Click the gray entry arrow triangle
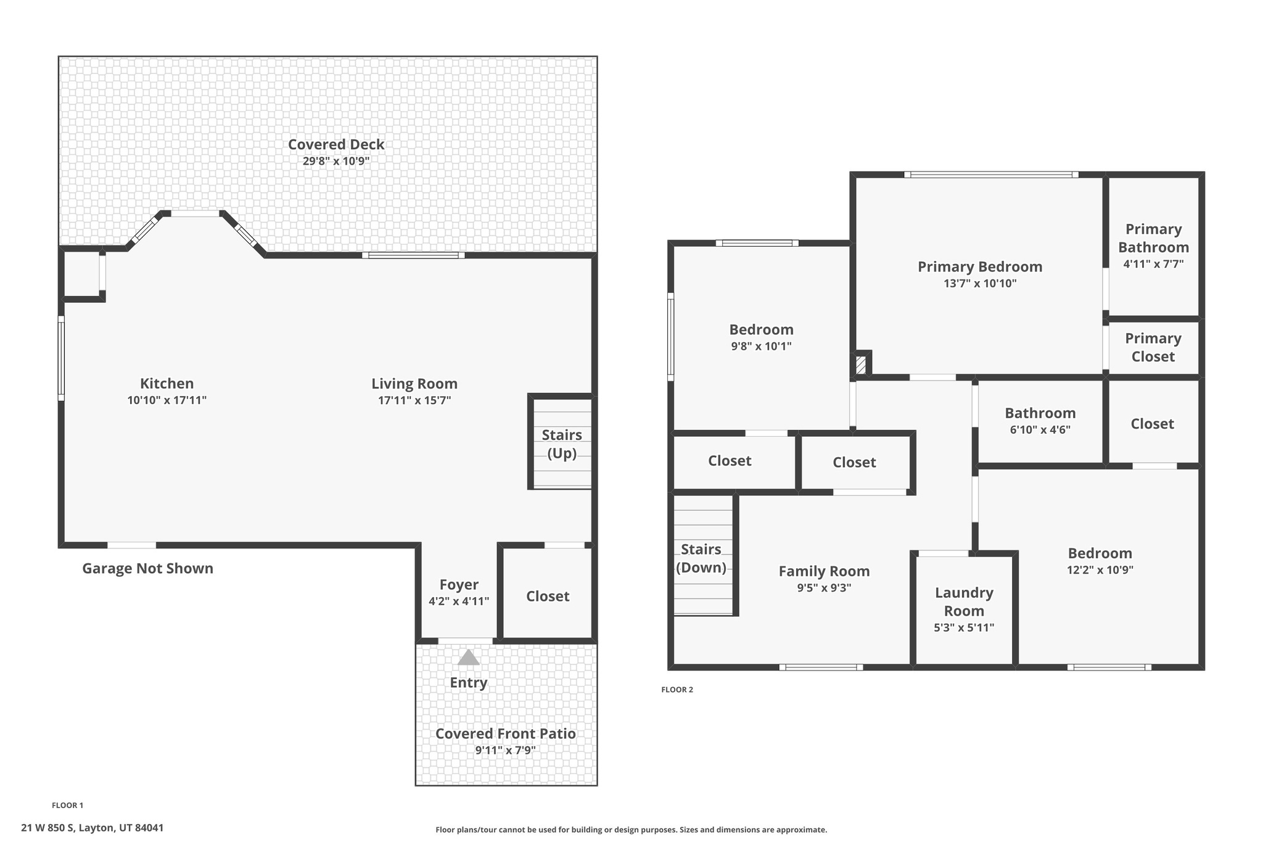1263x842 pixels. [x=468, y=658]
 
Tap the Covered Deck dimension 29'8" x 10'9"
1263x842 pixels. [x=336, y=162]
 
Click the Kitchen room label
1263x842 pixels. [x=167, y=384]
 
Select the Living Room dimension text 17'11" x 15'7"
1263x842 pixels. [x=414, y=400]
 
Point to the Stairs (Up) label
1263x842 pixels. [x=562, y=444]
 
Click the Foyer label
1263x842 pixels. [x=459, y=585]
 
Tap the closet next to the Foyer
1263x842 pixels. [x=548, y=596]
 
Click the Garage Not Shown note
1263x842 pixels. [x=148, y=568]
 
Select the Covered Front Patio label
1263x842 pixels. [x=506, y=733]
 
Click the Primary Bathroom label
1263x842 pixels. [x=1153, y=238]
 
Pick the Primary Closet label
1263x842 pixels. [x=1153, y=347]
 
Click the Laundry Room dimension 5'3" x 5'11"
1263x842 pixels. [x=964, y=628]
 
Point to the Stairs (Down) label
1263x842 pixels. [x=701, y=558]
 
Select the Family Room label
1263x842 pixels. [x=824, y=571]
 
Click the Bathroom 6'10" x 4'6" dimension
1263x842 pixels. [x=1040, y=430]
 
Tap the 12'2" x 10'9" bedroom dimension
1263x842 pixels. [x=1100, y=570]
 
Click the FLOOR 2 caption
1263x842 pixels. [x=677, y=690]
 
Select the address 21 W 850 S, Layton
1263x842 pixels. [x=93, y=828]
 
